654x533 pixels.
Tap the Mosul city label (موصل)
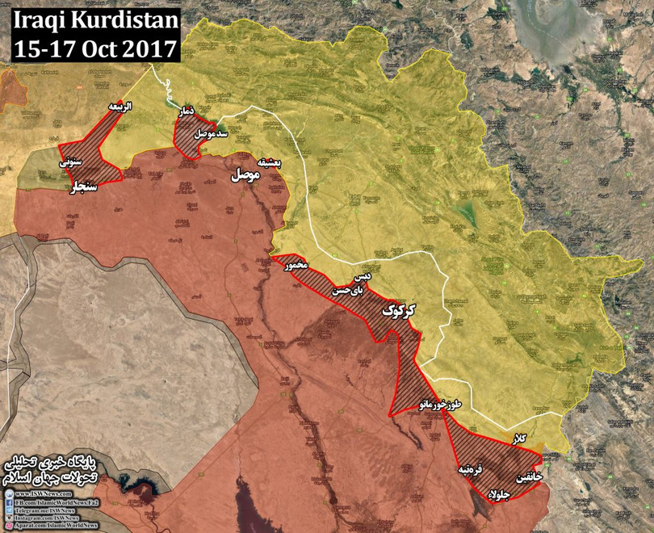point(246,174)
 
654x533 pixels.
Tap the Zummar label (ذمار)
point(187,118)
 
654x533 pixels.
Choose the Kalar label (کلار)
point(521,437)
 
